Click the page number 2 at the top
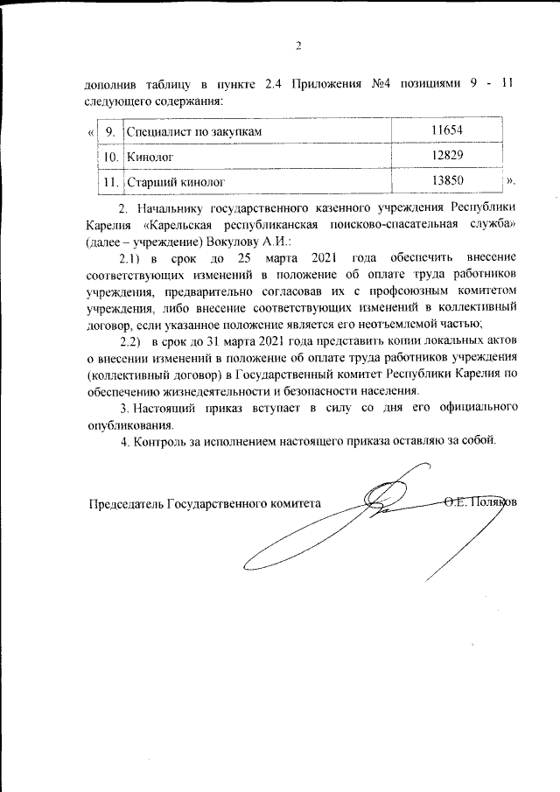(297, 46)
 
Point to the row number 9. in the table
(111, 131)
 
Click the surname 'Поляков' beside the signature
(495, 502)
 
